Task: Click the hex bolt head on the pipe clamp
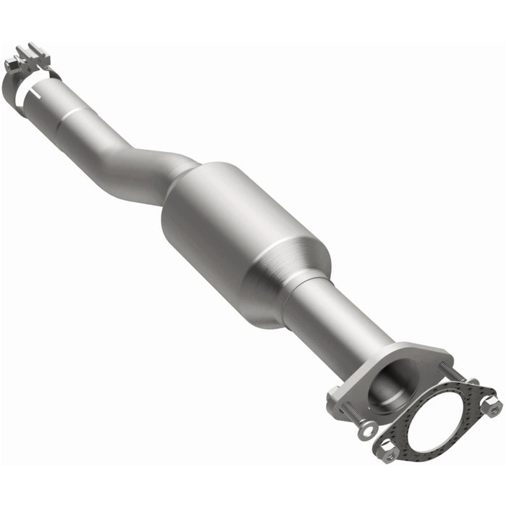(x=9, y=64)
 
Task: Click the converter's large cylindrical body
(x=232, y=232)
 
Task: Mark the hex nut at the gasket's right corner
(x=493, y=407)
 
